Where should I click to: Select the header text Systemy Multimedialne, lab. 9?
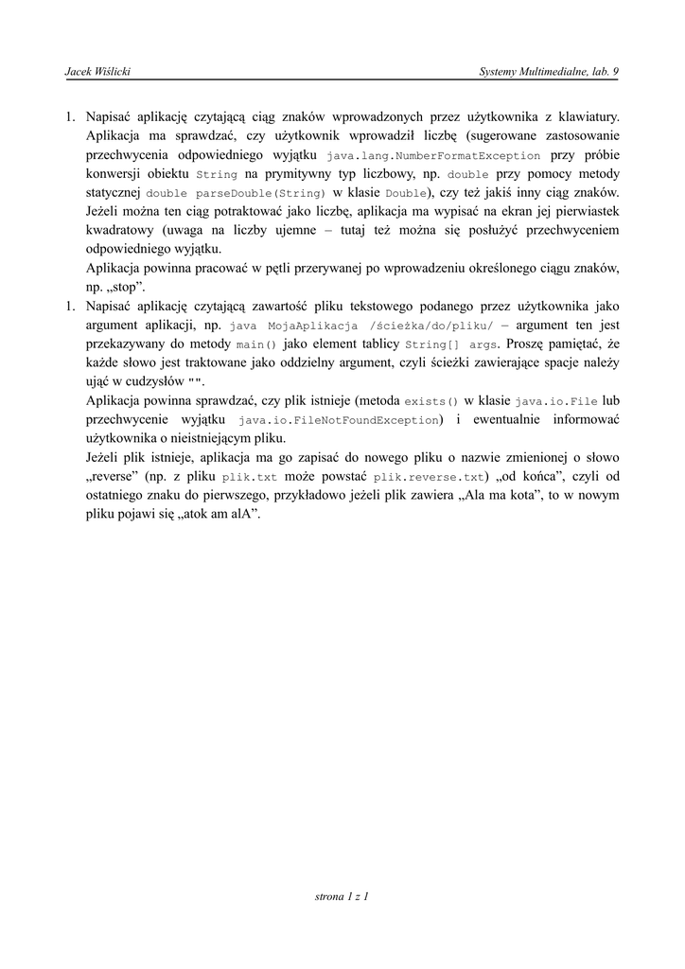[x=549, y=72]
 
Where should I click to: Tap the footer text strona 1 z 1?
[x=341, y=894]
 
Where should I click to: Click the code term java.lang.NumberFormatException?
[x=433, y=156]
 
